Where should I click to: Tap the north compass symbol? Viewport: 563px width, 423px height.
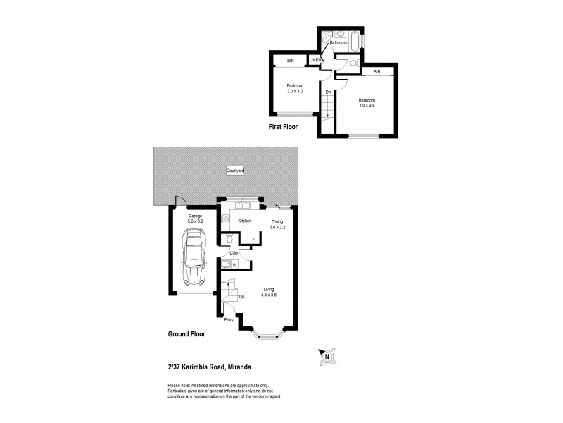(327, 356)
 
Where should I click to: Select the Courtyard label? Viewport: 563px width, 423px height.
(234, 171)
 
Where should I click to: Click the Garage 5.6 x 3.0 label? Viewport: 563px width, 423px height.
(195, 219)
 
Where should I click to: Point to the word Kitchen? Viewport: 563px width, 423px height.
(245, 221)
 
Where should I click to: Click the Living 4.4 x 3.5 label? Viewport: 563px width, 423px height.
(269, 292)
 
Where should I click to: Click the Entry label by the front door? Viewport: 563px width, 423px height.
(229, 320)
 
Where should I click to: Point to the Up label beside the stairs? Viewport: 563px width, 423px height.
(242, 297)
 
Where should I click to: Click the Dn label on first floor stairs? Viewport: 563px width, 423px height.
(328, 91)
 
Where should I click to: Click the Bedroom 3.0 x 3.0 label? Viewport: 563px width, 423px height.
(295, 88)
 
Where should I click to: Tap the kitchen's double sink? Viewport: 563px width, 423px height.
(243, 206)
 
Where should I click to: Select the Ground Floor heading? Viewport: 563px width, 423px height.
(186, 334)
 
